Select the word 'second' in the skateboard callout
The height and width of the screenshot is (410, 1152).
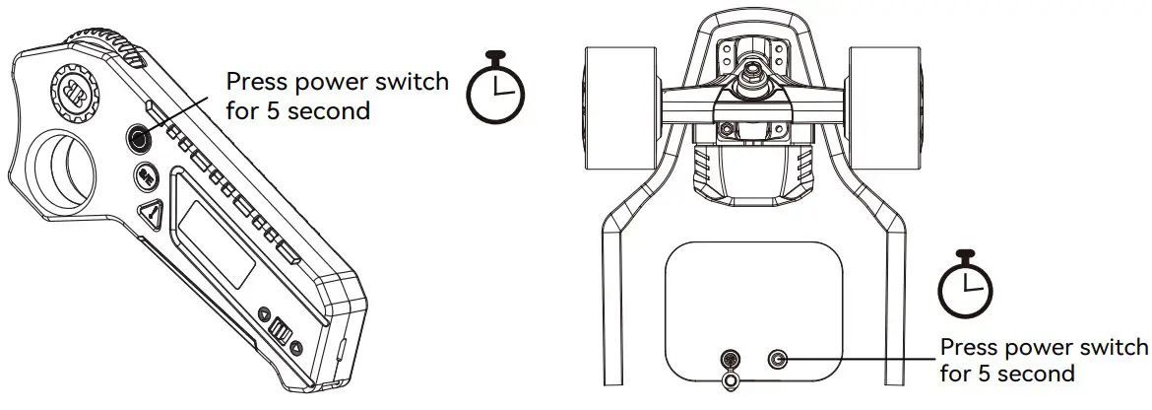[1039, 375]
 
